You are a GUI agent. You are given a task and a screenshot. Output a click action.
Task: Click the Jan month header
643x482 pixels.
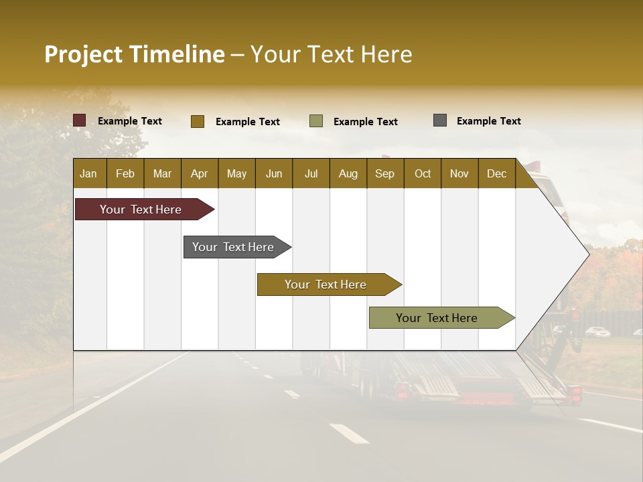click(88, 173)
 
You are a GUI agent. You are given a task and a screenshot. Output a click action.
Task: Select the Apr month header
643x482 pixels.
click(200, 173)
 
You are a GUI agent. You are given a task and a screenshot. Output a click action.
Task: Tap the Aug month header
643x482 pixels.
click(348, 173)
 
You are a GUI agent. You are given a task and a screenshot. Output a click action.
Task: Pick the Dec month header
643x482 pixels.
click(496, 173)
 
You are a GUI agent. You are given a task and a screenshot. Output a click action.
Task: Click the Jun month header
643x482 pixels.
click(274, 173)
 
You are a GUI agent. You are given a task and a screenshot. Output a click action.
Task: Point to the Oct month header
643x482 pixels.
click(423, 173)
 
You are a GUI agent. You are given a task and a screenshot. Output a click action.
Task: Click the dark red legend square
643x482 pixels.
click(80, 120)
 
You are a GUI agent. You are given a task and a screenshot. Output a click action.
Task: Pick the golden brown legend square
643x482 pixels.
click(198, 121)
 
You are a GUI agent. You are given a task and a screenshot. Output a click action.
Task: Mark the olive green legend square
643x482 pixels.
click(316, 121)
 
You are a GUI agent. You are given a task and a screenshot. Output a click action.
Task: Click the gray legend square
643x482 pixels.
click(440, 120)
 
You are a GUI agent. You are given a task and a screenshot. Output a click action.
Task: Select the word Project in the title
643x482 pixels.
click(84, 54)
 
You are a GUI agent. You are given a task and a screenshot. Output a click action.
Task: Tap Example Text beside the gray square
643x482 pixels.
click(488, 121)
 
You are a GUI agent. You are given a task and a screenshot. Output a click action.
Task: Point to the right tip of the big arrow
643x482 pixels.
click(587, 254)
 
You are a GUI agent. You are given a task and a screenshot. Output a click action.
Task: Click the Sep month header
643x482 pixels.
click(384, 173)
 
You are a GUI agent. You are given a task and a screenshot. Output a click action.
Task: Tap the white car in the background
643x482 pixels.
click(597, 331)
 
